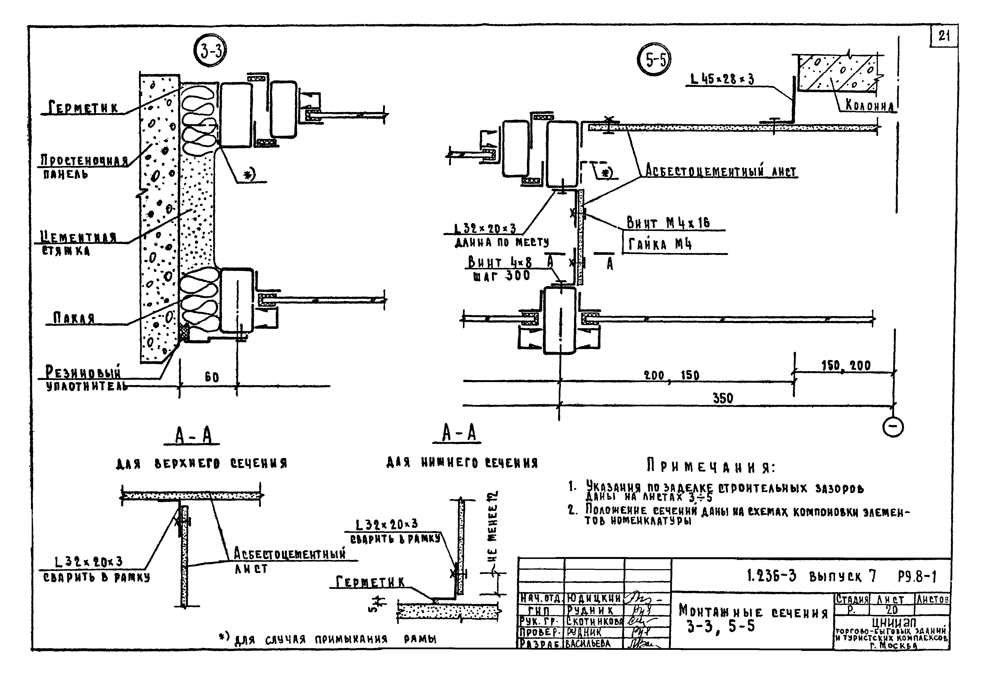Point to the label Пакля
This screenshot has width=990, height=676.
coord(73,318)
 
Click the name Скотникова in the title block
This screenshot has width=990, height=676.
coord(594,622)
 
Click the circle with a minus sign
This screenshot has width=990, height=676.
coord(893,428)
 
